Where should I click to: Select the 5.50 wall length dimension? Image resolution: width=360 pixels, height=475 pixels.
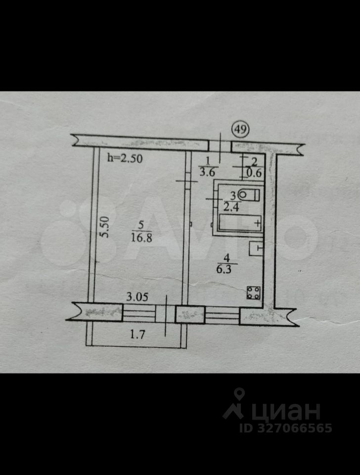(105, 227)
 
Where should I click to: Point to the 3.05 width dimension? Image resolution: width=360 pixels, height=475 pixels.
(137, 297)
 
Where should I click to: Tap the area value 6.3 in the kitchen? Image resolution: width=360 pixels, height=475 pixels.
(227, 270)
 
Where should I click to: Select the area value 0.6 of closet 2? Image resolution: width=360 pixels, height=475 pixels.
(254, 173)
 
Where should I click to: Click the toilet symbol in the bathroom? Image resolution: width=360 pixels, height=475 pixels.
(247, 194)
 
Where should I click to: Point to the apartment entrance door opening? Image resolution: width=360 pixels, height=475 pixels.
(220, 145)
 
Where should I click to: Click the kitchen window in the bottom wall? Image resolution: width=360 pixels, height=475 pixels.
(222, 315)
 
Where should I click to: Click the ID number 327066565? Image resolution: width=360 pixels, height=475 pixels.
(295, 428)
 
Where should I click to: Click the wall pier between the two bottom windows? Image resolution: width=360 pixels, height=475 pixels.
(190, 315)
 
